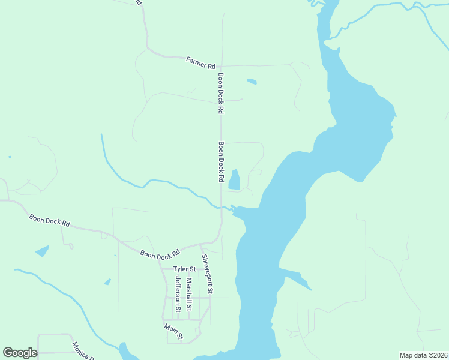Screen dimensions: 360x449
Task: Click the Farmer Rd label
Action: coord(200,62)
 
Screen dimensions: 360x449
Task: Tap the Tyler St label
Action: coord(184,269)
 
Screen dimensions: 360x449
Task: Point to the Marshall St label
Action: coord(188,293)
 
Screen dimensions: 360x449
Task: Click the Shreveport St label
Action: coord(206,274)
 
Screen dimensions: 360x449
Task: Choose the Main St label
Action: coord(173,331)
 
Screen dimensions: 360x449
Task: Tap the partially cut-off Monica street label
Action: coord(83,350)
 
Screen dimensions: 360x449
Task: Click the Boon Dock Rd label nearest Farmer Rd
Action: coord(221,93)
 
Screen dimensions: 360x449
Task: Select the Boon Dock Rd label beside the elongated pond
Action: coord(221,162)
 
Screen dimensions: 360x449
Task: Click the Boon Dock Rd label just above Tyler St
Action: coord(160,254)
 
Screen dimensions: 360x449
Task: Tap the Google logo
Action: coord(20,353)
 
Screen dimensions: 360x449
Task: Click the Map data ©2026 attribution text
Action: coord(423,355)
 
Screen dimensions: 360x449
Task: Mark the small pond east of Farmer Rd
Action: coord(252,81)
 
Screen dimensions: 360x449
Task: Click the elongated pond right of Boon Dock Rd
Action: coord(234,179)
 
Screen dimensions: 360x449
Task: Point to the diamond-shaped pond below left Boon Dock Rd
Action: coord(42,251)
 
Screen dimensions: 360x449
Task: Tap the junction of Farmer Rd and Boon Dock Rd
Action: coord(220,65)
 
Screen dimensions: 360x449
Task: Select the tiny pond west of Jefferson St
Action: coord(107,281)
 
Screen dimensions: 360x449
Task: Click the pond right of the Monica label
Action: coord(126,350)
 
